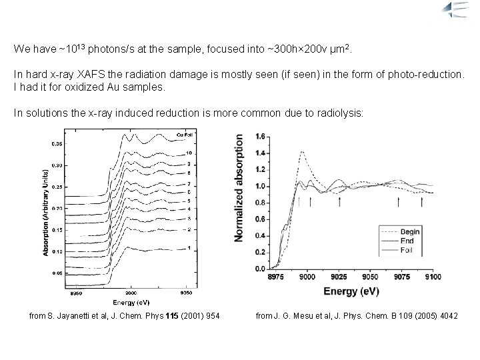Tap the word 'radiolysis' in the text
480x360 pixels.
[x=340, y=113]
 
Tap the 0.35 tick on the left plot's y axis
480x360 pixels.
[x=57, y=143]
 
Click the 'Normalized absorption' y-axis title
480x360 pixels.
[x=239, y=189]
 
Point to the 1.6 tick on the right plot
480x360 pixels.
[x=260, y=137]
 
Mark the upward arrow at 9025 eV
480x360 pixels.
[x=339, y=201]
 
